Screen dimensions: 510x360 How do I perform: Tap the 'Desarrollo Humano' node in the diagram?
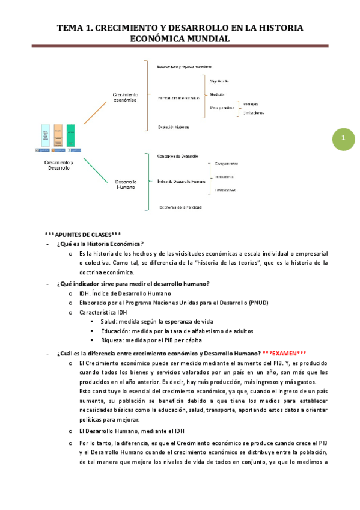[126, 185]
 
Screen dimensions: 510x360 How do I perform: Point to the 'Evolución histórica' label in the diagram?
[174, 127]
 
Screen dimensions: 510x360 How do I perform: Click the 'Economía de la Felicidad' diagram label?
[180, 207]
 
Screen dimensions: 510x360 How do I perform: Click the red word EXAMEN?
[288, 353]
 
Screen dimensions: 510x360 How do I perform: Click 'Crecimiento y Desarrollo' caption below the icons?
[59, 165]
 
